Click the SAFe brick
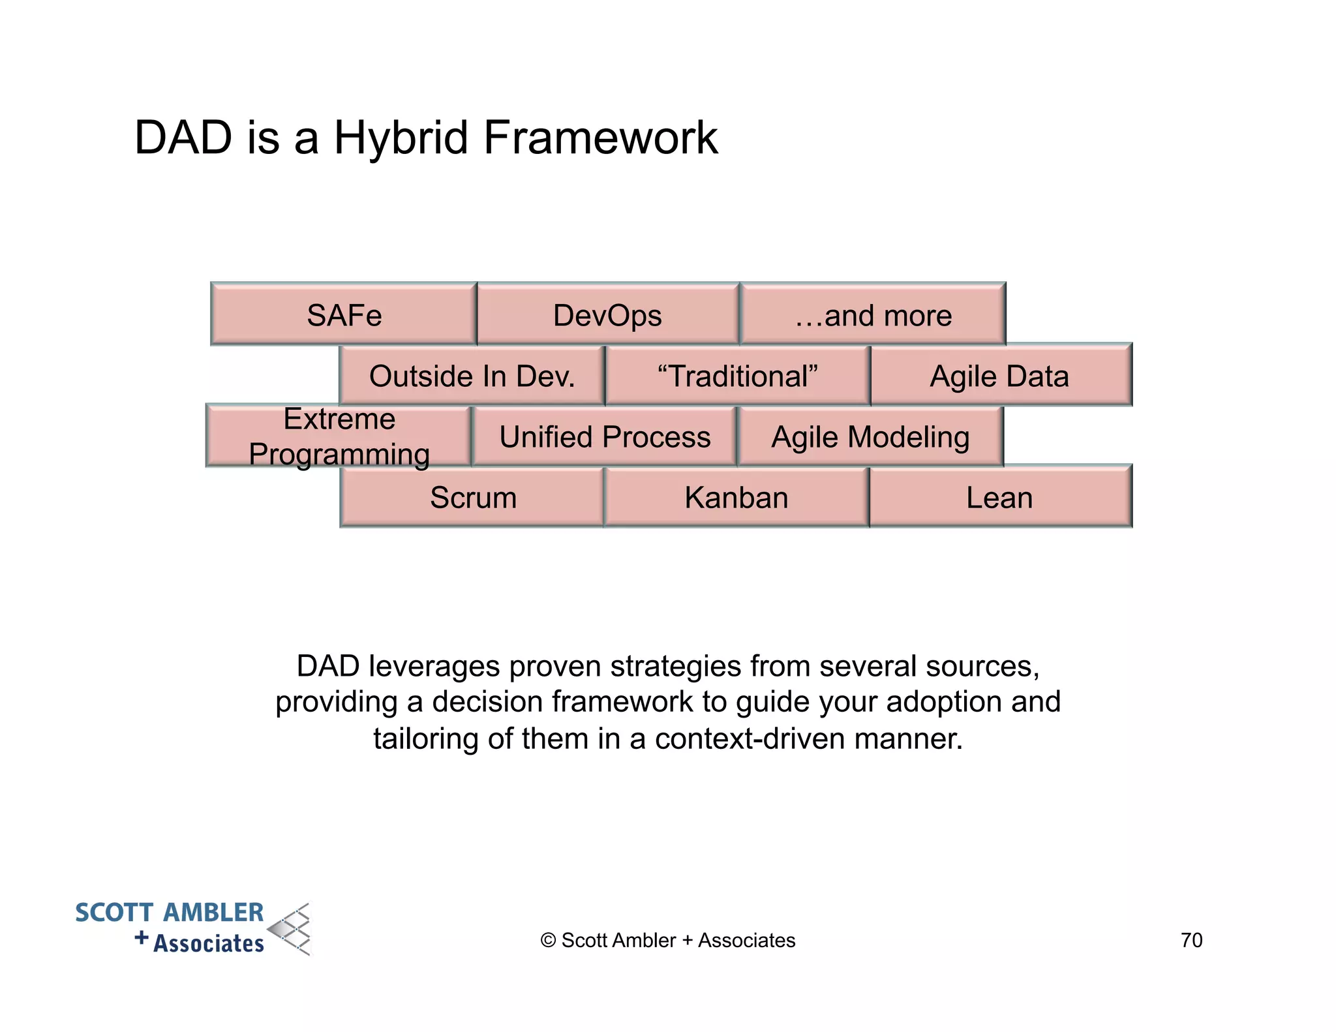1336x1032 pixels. coord(344,315)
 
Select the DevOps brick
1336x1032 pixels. coord(607,315)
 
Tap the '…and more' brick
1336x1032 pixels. coord(873,315)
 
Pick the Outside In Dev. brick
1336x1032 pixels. coord(472,376)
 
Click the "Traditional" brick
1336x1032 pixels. coord(737,376)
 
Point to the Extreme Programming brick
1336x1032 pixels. coord(339,436)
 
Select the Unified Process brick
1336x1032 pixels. coord(605,436)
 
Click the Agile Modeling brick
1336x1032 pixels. coord(870,436)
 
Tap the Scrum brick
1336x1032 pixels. coord(473,497)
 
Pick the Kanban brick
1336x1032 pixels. coord(736,497)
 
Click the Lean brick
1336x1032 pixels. coord(999,497)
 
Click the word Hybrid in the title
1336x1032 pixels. coord(401,138)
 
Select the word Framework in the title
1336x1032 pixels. coord(600,138)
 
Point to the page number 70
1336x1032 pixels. coord(1191,940)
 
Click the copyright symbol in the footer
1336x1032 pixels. coord(548,941)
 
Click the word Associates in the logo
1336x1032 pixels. coord(209,943)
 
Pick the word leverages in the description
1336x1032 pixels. coord(435,666)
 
